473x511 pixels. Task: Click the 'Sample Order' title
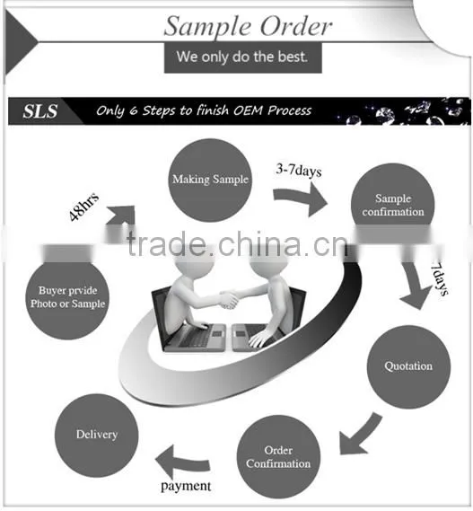click(248, 27)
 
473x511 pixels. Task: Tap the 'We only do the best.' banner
click(243, 57)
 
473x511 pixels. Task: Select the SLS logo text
click(40, 111)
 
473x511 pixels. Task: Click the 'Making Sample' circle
click(210, 181)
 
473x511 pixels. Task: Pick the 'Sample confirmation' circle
click(393, 203)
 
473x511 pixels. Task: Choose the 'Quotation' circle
click(408, 366)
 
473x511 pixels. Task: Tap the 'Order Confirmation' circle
click(278, 456)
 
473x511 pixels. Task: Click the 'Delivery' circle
click(97, 436)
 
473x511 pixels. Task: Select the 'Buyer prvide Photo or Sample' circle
click(67, 298)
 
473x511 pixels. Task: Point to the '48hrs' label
click(83, 207)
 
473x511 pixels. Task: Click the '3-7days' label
click(299, 170)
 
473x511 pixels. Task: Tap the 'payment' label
click(186, 487)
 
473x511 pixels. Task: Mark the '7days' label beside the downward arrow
click(440, 278)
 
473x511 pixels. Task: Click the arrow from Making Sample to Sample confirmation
click(300, 198)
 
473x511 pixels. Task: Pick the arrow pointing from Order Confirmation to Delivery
click(182, 463)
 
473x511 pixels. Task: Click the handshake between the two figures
click(230, 299)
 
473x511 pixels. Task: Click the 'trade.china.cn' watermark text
click(238, 244)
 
